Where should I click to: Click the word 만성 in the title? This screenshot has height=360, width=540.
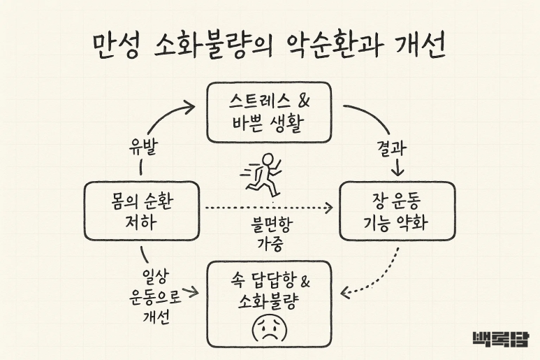point(115,48)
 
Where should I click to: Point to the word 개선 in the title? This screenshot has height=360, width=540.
point(423,48)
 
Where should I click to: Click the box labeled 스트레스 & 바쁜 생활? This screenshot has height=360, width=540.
point(270,111)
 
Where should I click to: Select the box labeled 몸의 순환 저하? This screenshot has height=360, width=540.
point(141,212)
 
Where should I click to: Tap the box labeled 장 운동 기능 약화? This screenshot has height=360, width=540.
point(397,212)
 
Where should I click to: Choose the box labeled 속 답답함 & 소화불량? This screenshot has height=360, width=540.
point(269,303)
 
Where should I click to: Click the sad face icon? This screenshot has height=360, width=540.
point(269,328)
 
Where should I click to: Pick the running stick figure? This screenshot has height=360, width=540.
point(263,173)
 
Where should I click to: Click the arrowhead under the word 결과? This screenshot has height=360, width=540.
point(397,171)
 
